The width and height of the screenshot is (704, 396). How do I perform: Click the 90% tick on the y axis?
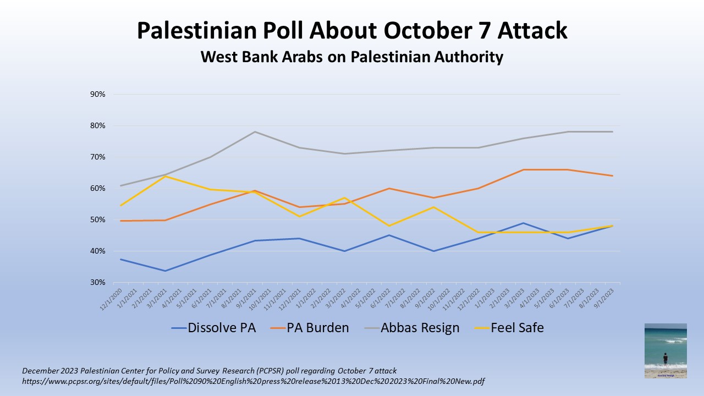pyautogui.click(x=97, y=95)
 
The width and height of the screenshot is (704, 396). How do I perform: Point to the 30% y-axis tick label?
pyautogui.click(x=97, y=283)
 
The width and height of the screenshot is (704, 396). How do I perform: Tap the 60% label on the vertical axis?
pyautogui.click(x=97, y=189)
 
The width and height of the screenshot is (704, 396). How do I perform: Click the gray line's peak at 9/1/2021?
pyautogui.click(x=255, y=132)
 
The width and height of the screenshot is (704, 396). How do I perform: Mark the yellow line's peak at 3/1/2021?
pyautogui.click(x=165, y=176)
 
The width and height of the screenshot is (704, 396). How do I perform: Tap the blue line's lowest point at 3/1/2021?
pyautogui.click(x=165, y=271)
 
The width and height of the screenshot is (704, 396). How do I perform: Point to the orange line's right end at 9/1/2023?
pyautogui.click(x=612, y=176)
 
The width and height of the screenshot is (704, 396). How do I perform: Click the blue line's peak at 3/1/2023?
pyautogui.click(x=523, y=223)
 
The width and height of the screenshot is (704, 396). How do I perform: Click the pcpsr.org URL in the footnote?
pyautogui.click(x=253, y=381)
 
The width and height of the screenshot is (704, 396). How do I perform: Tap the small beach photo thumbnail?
pyautogui.click(x=665, y=350)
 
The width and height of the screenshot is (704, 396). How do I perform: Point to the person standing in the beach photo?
pyautogui.click(x=665, y=359)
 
